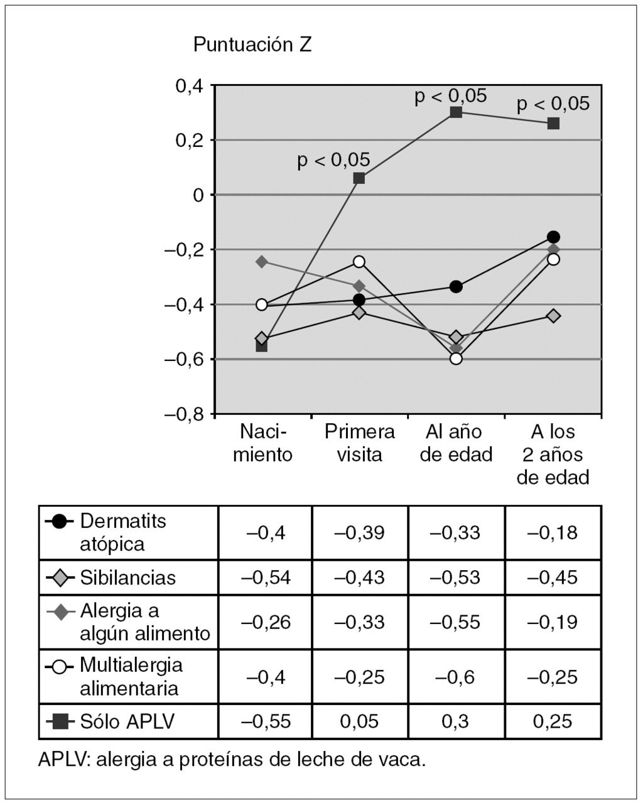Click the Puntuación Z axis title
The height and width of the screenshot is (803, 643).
coord(252,45)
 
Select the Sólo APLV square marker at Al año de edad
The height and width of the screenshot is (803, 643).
coord(456,112)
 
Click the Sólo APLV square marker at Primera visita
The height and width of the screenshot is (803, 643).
coord(359,178)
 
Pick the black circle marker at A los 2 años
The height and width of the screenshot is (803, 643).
coord(553,237)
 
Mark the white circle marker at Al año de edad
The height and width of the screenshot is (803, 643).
coord(456,358)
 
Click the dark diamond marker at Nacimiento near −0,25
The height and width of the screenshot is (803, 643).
coord(262,261)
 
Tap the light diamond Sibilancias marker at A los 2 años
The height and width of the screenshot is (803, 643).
coord(553,315)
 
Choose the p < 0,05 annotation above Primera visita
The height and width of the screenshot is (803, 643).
coord(333,161)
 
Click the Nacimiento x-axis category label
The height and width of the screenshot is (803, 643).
coord(262,443)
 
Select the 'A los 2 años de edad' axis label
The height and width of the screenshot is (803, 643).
coord(553,455)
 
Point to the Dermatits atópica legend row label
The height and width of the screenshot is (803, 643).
coord(123,532)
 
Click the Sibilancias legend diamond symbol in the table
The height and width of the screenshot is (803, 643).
coord(60,578)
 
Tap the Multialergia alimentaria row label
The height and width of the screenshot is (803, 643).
coord(131,676)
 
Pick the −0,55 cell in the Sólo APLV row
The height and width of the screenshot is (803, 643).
coord(265,721)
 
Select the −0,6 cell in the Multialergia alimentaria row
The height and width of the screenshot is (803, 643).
coord(456,677)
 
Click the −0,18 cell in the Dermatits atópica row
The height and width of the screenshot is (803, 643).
coord(553,532)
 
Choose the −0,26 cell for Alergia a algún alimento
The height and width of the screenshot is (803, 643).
coord(265,622)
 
